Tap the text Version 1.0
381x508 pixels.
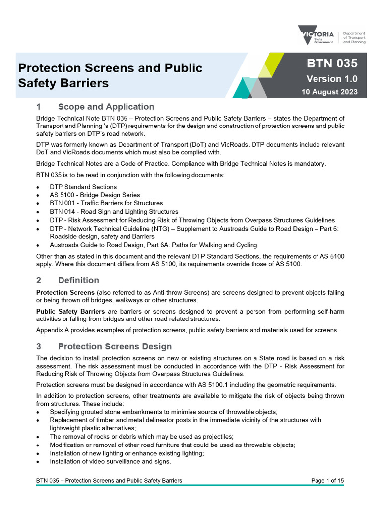pos(331,79)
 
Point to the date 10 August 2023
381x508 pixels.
pos(329,92)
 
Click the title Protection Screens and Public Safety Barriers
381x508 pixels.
pos(110,75)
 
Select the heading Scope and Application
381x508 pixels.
pos(106,107)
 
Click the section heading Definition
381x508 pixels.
pos(78,280)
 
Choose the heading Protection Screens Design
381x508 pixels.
pos(115,346)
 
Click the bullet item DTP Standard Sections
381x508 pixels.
pos(83,187)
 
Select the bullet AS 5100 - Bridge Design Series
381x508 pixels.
pos(95,195)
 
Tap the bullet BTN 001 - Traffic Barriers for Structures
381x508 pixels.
pos(106,203)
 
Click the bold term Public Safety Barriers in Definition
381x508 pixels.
pos(70,311)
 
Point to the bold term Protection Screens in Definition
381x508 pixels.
pos(65,292)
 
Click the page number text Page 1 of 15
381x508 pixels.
pos(327,480)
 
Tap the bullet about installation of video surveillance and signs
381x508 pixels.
pos(110,461)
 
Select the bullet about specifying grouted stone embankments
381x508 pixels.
pos(163,412)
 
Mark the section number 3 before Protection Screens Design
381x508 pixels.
pos(39,346)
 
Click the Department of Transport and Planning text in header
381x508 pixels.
pos(354,37)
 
